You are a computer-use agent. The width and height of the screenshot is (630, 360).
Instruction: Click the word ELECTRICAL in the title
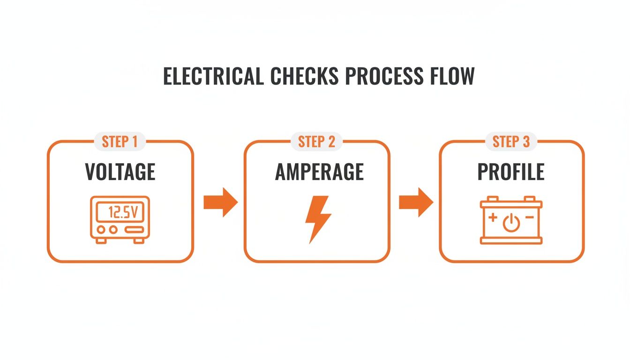click(x=213, y=76)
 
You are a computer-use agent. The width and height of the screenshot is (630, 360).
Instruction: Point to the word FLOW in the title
click(x=452, y=76)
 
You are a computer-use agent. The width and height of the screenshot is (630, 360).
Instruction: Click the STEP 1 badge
click(x=120, y=142)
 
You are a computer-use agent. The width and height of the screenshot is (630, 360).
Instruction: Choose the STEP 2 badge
click(x=317, y=142)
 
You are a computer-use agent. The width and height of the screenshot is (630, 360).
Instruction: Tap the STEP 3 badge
click(x=511, y=142)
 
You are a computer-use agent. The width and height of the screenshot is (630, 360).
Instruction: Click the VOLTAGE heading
click(x=120, y=172)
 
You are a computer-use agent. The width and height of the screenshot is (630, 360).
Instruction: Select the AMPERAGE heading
click(x=319, y=172)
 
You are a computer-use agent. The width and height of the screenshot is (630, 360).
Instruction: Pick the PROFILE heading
click(x=511, y=172)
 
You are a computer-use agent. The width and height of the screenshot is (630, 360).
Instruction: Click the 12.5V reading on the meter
click(x=123, y=213)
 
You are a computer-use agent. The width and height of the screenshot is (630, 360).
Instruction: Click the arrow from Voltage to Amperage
click(x=221, y=202)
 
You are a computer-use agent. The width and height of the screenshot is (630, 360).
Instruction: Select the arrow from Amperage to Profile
click(x=416, y=202)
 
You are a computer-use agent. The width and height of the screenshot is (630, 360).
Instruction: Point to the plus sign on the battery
click(x=493, y=218)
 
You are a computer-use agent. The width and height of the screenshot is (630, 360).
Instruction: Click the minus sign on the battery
click(x=529, y=218)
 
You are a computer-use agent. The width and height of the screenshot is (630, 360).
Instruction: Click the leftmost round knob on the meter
click(x=101, y=230)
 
